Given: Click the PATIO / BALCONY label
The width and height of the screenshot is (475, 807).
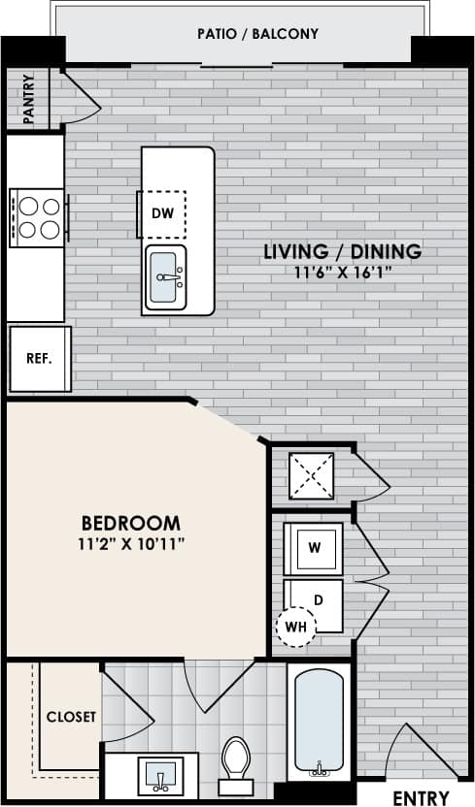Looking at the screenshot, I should (257, 34).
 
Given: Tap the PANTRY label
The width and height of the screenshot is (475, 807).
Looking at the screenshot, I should (29, 99).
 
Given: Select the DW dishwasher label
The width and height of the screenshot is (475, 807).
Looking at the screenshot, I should (161, 212).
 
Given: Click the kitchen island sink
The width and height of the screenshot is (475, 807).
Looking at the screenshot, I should (167, 279).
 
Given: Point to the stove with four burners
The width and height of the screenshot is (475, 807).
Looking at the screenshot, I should (38, 217).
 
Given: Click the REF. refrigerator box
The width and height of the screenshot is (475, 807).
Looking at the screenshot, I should (39, 357).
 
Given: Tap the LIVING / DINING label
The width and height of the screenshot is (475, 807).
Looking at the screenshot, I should (343, 252).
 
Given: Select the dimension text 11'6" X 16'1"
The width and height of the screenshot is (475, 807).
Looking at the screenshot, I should (343, 273).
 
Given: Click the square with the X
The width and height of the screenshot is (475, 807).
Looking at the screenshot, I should (312, 476).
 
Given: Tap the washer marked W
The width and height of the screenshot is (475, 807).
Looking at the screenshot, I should (314, 547).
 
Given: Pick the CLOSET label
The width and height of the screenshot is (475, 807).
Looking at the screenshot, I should (71, 717).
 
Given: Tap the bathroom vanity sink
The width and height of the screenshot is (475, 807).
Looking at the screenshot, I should (161, 775).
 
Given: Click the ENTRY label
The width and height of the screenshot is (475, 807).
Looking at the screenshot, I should (421, 797).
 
